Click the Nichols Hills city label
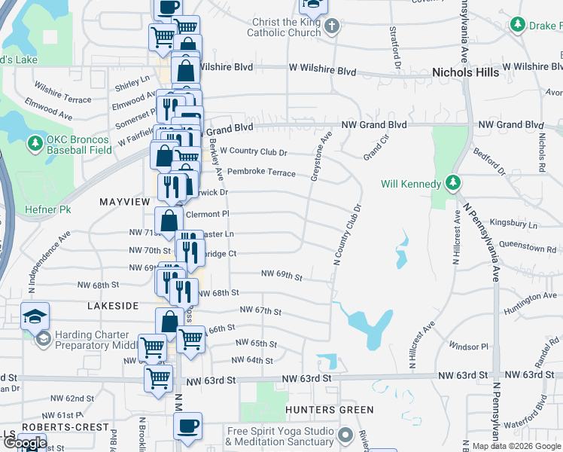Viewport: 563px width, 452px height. (x=465, y=72)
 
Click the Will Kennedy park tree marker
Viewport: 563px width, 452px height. (x=452, y=183)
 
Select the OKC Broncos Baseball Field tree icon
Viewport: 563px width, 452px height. (x=34, y=143)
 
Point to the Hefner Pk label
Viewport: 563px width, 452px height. (x=47, y=209)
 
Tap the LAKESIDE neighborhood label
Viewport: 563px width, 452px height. (x=113, y=306)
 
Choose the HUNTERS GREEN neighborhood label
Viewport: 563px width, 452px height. (x=330, y=410)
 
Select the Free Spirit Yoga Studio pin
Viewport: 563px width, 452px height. (x=346, y=435)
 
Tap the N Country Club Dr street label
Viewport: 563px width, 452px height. (x=347, y=234)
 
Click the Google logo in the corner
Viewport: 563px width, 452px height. (x=24, y=443)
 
